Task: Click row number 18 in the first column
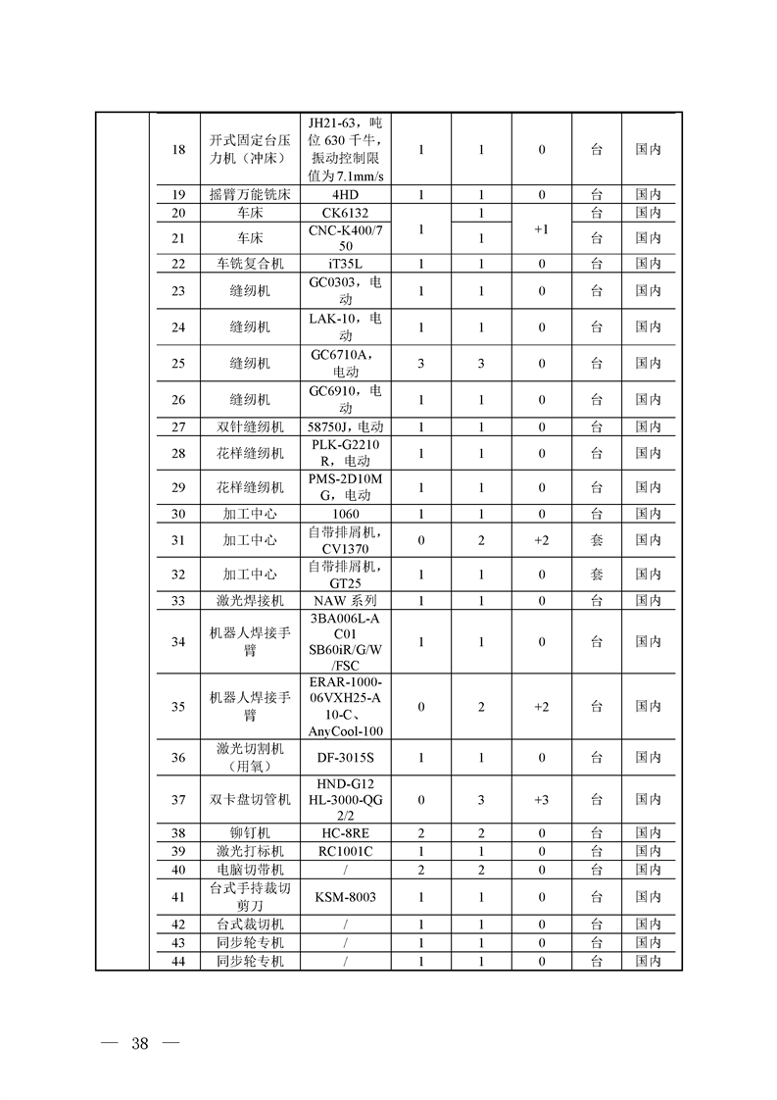click(x=177, y=150)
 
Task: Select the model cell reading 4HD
click(x=346, y=194)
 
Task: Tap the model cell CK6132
click(x=346, y=212)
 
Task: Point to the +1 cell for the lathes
click(x=541, y=228)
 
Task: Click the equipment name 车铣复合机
click(x=250, y=263)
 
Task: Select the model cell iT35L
click(x=346, y=263)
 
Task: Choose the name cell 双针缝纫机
click(x=250, y=426)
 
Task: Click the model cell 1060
click(x=346, y=514)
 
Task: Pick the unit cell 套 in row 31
click(x=596, y=540)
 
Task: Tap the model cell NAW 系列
click(x=346, y=600)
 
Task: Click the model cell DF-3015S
click(x=346, y=757)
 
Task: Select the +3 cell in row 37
click(x=541, y=800)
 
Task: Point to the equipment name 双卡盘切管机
click(x=250, y=800)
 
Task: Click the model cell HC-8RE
click(x=346, y=832)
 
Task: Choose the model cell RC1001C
click(x=346, y=850)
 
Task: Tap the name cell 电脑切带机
click(x=250, y=870)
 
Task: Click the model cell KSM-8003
click(x=346, y=896)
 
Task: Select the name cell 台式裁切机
click(x=250, y=924)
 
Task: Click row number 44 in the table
click(x=177, y=961)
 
